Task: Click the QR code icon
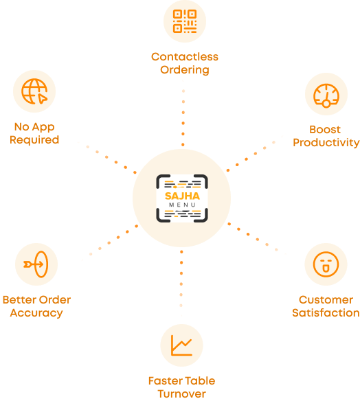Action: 185,21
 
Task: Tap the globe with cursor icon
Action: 34,91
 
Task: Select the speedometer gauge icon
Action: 326,95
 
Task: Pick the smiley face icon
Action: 326,264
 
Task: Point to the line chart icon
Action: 181,345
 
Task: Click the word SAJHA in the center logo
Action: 182,196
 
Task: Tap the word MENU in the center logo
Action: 182,205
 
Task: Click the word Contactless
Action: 185,57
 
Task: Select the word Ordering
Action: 185,70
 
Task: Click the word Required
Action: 34,140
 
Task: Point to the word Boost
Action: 325,129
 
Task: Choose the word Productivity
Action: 326,143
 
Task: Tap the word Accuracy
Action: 36,313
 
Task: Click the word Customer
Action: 326,300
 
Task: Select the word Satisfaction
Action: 326,313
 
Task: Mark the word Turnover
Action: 181,394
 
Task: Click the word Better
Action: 19,300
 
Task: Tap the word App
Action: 43,127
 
